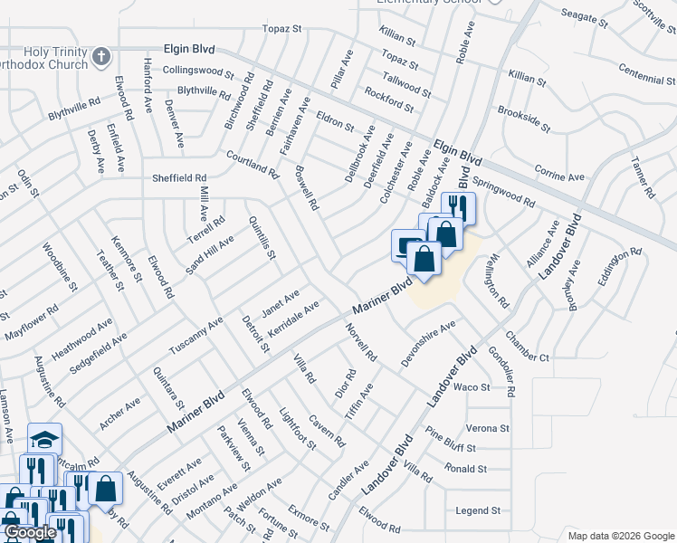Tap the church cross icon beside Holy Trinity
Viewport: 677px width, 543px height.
[x=102, y=56]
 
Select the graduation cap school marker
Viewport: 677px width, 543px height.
[x=43, y=440]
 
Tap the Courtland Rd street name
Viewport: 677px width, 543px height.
[x=253, y=164]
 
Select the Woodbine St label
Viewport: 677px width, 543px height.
[x=53, y=265]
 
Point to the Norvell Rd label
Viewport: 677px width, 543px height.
[x=360, y=344]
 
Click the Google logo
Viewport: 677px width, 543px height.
[x=30, y=533]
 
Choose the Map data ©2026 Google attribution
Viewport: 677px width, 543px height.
[x=620, y=536]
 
